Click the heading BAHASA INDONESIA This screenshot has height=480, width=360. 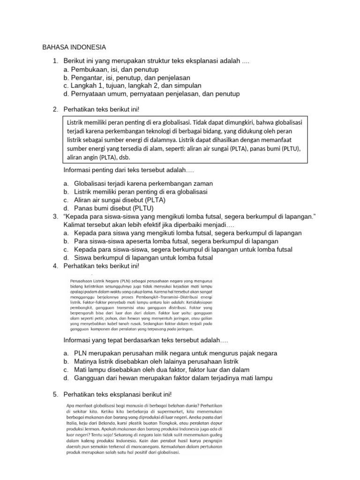pos(74,47)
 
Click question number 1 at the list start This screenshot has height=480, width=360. pos(55,61)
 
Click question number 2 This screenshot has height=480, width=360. pos(55,110)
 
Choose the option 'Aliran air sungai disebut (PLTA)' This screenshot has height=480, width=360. pos(122,200)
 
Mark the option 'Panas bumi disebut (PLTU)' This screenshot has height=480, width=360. pos(114,208)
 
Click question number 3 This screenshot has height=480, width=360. pos(55,216)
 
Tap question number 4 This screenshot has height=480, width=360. pos(55,266)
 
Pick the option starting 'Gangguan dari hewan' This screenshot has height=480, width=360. pos(173,378)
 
